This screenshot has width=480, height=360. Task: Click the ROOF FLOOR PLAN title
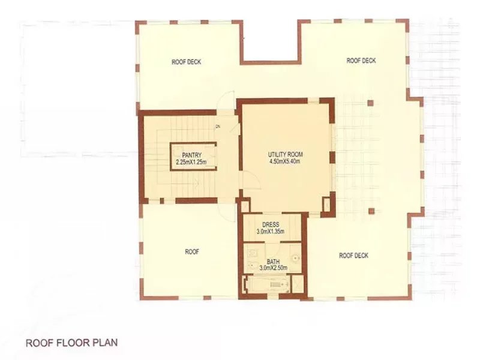(x=71, y=343)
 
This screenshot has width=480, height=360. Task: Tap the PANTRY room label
(x=192, y=155)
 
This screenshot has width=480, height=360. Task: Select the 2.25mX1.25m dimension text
(x=191, y=161)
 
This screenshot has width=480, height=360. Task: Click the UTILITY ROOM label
(x=286, y=155)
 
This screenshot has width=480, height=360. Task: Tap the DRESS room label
(x=271, y=224)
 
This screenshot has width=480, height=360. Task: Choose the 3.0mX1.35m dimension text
(x=271, y=231)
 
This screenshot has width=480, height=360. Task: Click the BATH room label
(x=273, y=262)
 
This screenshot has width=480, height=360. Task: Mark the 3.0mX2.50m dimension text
(x=273, y=268)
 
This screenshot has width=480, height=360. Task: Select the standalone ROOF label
(x=192, y=251)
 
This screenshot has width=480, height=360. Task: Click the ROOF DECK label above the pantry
(x=186, y=62)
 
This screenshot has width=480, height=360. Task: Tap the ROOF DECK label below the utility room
(x=353, y=256)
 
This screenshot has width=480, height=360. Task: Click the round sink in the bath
(x=295, y=258)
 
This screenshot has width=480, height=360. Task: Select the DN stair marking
(x=218, y=127)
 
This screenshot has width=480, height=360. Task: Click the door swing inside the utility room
(x=253, y=181)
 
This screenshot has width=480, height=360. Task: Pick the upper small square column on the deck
(x=370, y=103)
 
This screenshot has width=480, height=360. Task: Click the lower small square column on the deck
(x=371, y=211)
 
